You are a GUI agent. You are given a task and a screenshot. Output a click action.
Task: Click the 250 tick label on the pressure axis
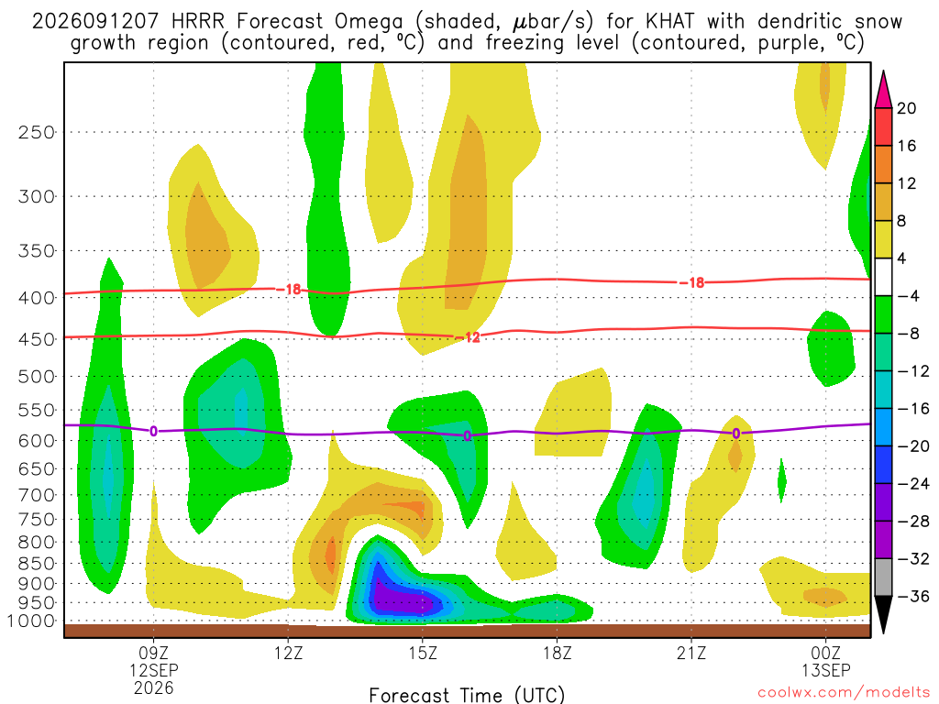click(36, 132)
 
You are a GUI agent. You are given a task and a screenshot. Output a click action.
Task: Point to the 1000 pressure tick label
click(31, 621)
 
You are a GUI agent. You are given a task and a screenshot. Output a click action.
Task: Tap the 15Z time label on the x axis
click(423, 653)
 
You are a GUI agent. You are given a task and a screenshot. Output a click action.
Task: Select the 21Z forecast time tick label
click(691, 653)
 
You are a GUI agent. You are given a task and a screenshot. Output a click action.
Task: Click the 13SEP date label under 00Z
click(826, 670)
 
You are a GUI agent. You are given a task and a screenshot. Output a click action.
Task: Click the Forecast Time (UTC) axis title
click(467, 695)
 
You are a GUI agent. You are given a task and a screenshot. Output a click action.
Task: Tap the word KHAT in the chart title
click(670, 22)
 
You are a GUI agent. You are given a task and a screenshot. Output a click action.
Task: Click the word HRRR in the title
click(198, 22)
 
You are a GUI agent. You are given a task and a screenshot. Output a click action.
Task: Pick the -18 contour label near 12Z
click(289, 290)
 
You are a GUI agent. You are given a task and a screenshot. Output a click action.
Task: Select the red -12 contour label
click(468, 337)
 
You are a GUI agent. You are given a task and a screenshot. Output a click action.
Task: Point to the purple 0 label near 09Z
click(154, 431)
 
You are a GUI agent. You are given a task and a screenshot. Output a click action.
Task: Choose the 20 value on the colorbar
click(907, 108)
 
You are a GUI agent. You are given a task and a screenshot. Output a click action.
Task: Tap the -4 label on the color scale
click(908, 296)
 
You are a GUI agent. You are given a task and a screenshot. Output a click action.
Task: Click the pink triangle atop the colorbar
click(883, 91)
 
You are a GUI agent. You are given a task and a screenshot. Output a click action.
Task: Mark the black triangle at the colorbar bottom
click(883, 614)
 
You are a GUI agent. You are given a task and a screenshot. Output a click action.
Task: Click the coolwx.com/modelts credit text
click(844, 693)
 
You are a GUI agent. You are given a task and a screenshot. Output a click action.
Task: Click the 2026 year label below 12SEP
click(154, 687)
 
